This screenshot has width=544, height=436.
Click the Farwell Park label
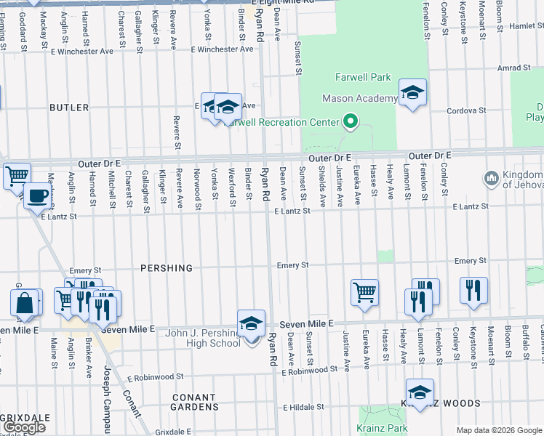[x=363, y=77]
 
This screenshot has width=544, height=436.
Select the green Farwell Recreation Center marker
[x=351, y=121]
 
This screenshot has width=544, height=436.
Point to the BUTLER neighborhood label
[x=69, y=108]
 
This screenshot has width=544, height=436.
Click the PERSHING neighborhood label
[x=167, y=268]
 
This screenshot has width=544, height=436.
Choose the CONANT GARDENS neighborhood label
[x=194, y=402]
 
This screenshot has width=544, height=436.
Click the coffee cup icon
[x=36, y=195]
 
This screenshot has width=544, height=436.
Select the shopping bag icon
[x=25, y=303]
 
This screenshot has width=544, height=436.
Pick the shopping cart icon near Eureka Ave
[x=364, y=293]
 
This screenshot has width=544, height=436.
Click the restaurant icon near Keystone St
[x=473, y=290]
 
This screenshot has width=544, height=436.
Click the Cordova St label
[x=465, y=110]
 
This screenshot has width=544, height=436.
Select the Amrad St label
[x=514, y=68]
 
